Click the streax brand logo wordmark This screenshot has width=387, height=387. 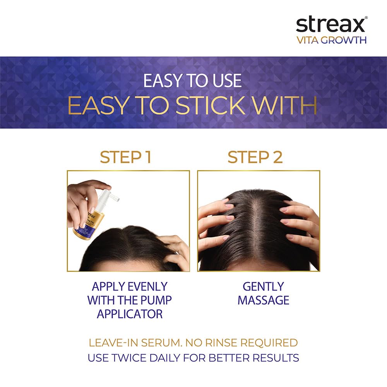pos(330,24)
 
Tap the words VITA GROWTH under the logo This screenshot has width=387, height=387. pos(332,40)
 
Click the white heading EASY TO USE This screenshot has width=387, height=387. pos(192,81)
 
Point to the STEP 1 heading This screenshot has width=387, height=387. pos(125,157)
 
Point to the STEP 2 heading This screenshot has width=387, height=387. pos(255,157)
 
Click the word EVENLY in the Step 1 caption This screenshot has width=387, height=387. pos(147,286)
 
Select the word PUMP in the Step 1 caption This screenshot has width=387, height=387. pos(157,300)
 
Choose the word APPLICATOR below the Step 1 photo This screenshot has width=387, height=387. pos(130,314)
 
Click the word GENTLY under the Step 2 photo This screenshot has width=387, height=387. pos(263,286)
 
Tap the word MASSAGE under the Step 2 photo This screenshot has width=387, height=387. pos(263,300)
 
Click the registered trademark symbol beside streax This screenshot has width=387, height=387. pos(366,17)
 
